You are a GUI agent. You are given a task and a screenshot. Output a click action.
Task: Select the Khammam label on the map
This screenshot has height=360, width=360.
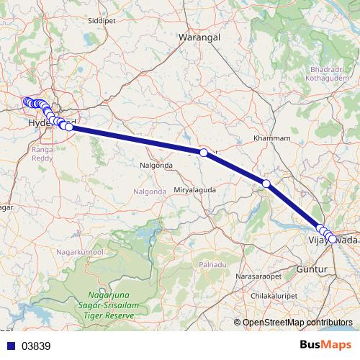point(272,138)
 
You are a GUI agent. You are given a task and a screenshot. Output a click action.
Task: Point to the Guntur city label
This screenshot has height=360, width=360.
point(311,269)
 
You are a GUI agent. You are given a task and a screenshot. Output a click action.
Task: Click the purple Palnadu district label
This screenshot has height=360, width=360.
point(212,266)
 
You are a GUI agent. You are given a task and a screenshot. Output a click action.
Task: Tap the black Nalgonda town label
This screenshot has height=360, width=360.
point(156,165)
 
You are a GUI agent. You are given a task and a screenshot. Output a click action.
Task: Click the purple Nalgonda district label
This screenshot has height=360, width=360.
point(149,191)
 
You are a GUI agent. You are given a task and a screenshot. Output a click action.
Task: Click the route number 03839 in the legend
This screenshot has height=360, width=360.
point(36,346)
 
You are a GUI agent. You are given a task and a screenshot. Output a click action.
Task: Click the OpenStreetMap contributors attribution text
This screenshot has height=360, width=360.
point(297,323)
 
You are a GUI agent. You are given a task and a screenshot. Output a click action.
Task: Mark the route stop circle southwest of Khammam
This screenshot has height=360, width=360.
point(204,153)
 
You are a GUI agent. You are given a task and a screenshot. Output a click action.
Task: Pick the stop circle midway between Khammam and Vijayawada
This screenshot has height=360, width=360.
point(266,184)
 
